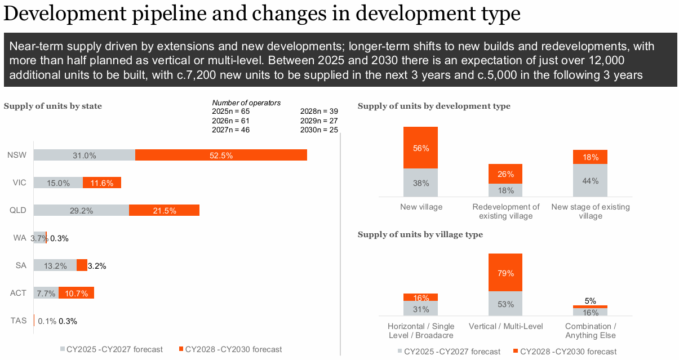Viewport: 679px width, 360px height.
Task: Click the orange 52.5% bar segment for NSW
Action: [x=221, y=155]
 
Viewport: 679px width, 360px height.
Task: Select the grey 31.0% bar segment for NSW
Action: [x=84, y=155]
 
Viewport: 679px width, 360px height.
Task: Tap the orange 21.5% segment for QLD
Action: [x=164, y=210]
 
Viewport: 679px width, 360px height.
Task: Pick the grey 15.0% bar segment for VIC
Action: [x=58, y=183]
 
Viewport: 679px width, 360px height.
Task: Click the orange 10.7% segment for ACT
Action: [x=76, y=293]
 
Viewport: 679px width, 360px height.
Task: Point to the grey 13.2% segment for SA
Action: [x=55, y=265]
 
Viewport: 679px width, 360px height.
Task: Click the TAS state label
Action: [x=19, y=321]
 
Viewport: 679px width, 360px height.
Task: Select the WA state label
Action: [x=20, y=238]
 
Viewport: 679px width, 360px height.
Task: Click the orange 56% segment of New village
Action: [x=420, y=148]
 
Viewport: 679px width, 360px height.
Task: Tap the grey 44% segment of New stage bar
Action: [x=590, y=180]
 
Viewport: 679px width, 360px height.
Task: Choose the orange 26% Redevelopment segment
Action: [x=505, y=174]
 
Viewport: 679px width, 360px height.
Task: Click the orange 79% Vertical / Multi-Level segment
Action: [x=505, y=273]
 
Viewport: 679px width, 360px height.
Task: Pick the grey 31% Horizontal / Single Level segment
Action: [x=420, y=309]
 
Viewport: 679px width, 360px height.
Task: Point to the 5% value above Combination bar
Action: [x=590, y=301]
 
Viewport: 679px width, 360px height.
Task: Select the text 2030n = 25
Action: [x=319, y=130]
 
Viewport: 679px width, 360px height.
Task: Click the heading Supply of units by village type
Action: [x=420, y=234]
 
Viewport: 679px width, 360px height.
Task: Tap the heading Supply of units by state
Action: [x=53, y=106]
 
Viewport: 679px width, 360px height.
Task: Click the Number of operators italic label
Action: [x=246, y=103]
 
